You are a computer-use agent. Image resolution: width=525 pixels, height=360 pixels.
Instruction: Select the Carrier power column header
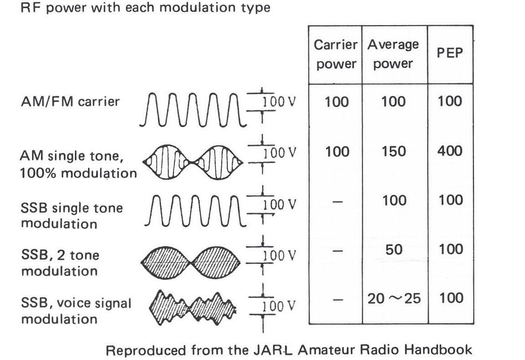336,54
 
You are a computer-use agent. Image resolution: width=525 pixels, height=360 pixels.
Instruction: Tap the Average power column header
393,54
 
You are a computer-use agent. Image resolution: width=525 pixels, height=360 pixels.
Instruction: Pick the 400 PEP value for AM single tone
450,151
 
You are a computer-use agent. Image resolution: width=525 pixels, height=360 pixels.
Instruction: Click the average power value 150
393,151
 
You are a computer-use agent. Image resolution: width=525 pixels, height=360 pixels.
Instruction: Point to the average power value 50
393,249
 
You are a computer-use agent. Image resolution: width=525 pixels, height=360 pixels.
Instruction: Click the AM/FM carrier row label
70,101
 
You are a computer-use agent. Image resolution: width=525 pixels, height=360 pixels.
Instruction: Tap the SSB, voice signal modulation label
76,311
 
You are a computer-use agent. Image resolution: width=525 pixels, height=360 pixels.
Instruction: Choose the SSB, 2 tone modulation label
60,263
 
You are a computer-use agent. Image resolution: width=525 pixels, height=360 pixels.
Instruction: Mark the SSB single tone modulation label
72,216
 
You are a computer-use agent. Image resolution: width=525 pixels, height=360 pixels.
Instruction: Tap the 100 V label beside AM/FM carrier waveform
278,102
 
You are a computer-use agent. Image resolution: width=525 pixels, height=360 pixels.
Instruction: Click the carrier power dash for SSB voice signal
336,298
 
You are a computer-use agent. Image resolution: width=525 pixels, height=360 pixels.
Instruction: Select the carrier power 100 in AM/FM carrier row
336,102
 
